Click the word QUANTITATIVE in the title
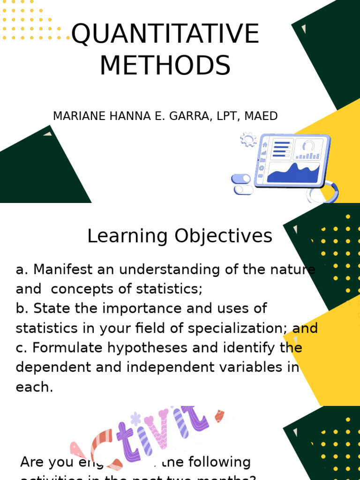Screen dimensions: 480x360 (165, 34)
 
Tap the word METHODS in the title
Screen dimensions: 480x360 (165, 65)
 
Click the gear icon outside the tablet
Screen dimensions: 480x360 (248, 140)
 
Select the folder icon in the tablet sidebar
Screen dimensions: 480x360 (262, 160)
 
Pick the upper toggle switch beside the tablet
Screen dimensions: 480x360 (241, 179)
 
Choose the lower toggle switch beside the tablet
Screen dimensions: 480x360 (243, 190)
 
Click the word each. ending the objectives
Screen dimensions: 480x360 (34, 387)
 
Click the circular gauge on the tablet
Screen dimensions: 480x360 (308, 146)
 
